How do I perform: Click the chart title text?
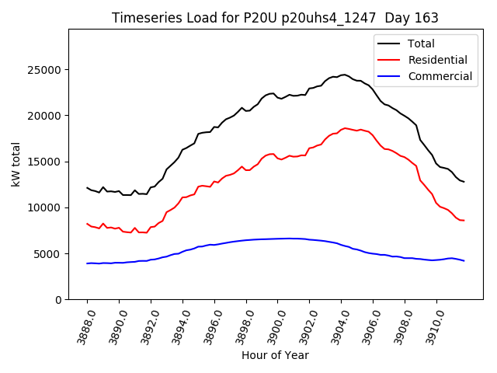point(275,18)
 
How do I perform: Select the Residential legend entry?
point(437,60)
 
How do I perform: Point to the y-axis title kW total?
point(16,165)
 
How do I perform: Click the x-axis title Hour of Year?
point(275,355)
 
